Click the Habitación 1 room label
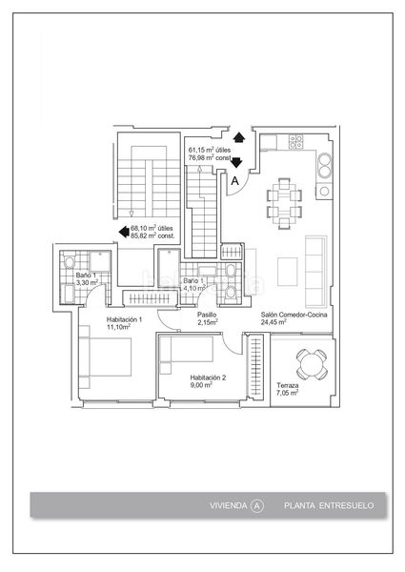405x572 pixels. tap(124, 319)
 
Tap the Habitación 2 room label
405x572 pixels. tap(208, 378)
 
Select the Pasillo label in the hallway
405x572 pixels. tap(207, 315)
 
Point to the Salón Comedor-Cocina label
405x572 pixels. tap(294, 315)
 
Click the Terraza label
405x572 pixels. tap(287, 385)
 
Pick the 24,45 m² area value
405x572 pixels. tap(273, 322)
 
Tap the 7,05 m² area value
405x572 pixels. tap(287, 393)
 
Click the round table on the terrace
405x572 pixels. tap(311, 364)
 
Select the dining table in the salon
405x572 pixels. tap(284, 203)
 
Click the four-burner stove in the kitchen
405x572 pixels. tap(295, 142)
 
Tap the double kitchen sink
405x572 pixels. tap(325, 165)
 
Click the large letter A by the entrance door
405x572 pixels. tap(235, 180)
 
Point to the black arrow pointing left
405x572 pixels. tap(124, 232)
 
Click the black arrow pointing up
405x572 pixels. tap(239, 137)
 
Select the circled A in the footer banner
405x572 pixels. tap(257, 506)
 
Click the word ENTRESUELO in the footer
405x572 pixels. tap(346, 505)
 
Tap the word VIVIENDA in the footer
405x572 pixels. tap(228, 505)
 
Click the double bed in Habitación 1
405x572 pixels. tap(106, 357)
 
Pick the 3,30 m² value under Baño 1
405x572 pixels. tap(87, 282)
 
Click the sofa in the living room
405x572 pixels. tap(315, 272)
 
